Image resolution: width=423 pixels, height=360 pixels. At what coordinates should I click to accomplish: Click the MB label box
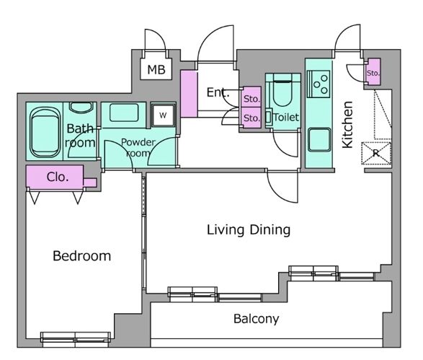(x=156, y=69)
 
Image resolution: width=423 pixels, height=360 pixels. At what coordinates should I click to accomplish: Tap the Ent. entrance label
(x=218, y=92)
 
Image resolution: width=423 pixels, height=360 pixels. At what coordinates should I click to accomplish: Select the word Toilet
(x=286, y=118)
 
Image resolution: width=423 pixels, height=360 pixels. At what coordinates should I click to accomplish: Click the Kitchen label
(x=347, y=125)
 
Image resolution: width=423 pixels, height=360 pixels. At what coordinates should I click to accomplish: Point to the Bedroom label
(x=82, y=256)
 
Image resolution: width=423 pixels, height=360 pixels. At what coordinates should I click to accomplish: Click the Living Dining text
(x=249, y=230)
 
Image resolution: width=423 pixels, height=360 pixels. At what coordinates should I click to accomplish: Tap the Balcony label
(x=256, y=319)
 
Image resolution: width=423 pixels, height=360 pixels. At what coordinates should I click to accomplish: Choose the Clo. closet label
(x=58, y=177)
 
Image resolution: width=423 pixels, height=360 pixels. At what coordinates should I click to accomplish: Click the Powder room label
(x=138, y=147)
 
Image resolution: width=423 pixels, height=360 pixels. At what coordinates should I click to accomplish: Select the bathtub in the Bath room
(x=45, y=132)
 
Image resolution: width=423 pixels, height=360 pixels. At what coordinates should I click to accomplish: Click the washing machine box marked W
(x=163, y=115)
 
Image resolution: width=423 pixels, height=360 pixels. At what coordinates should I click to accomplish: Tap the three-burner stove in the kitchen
(x=319, y=84)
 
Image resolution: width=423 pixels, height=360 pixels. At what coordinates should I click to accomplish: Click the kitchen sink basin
(x=319, y=140)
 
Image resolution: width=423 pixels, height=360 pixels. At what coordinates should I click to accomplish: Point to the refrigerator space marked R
(x=376, y=153)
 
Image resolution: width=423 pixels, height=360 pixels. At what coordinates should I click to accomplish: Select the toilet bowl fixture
(x=282, y=90)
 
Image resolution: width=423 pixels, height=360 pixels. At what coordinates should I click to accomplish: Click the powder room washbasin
(x=124, y=113)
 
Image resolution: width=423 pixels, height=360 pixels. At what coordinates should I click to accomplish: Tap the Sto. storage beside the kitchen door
(x=373, y=72)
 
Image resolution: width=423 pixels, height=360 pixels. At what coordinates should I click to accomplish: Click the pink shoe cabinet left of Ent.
(x=189, y=94)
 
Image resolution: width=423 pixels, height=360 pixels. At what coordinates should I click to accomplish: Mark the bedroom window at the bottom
(x=76, y=340)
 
